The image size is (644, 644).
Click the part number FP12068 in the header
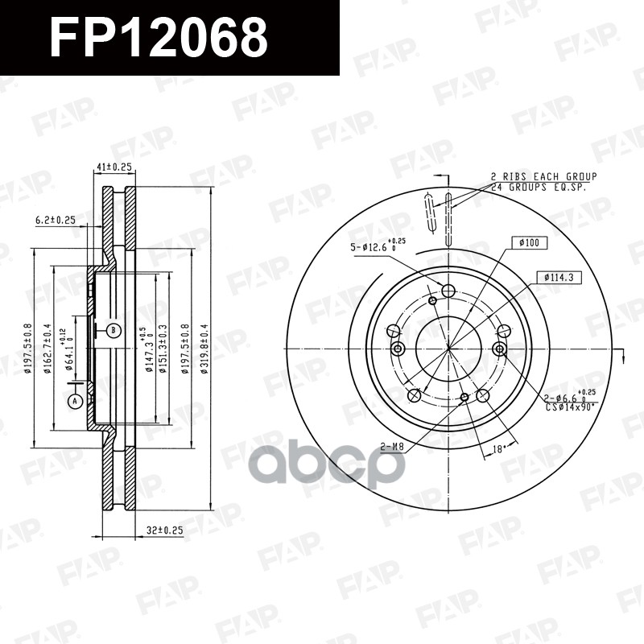pos(158,38)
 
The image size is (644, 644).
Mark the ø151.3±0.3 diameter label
pos(163,348)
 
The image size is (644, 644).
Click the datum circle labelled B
pos(114,330)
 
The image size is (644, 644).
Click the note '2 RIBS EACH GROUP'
pos(543,175)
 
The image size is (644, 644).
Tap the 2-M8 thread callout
pos(392,448)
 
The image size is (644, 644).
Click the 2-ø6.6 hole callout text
pos(568,398)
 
